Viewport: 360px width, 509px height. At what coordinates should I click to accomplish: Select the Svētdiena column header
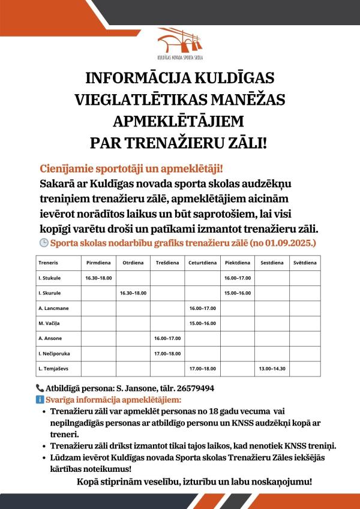[x=304, y=263]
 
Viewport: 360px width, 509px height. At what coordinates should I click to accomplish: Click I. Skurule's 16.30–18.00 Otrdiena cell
[x=133, y=293]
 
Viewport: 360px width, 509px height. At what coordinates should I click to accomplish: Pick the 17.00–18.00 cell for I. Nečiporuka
[x=167, y=354]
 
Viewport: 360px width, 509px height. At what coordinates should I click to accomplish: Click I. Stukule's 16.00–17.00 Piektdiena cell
[x=237, y=278]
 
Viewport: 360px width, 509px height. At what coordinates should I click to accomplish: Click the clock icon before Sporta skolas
[x=43, y=243]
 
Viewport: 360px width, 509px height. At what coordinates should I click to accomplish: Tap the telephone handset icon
[x=40, y=388]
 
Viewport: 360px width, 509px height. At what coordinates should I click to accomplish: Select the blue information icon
[x=40, y=399]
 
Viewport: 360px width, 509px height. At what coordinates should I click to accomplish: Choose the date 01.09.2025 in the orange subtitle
[x=291, y=243]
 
